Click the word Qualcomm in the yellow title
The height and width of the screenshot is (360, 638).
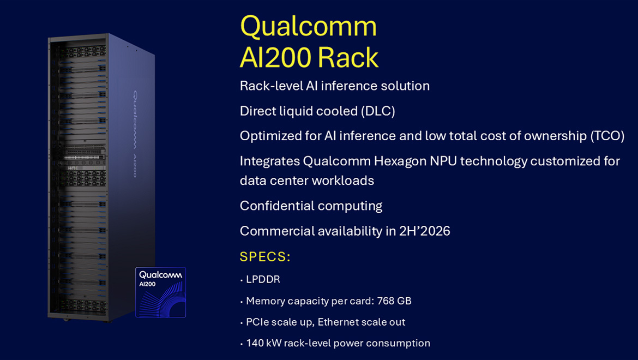[x=308, y=26]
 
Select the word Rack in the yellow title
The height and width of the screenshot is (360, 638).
[x=348, y=58]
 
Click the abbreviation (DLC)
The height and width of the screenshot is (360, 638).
[x=377, y=111]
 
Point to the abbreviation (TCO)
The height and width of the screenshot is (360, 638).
[x=607, y=136]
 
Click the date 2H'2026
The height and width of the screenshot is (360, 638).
[x=424, y=231]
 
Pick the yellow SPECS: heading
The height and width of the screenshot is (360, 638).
[x=265, y=257]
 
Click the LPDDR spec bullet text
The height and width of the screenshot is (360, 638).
[x=263, y=280]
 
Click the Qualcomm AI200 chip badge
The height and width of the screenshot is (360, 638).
[x=160, y=292]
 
